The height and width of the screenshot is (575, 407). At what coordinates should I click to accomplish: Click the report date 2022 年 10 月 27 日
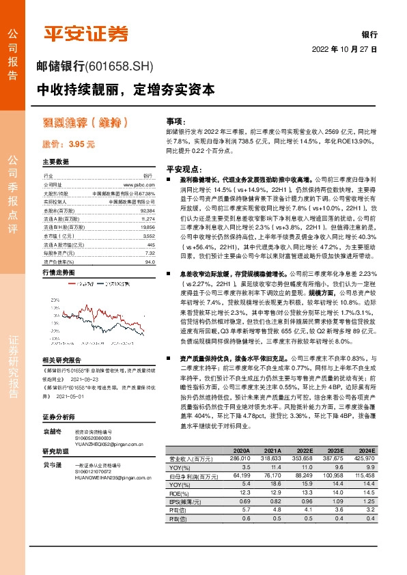click(345, 50)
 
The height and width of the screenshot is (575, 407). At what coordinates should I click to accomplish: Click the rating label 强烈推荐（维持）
click(85, 124)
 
